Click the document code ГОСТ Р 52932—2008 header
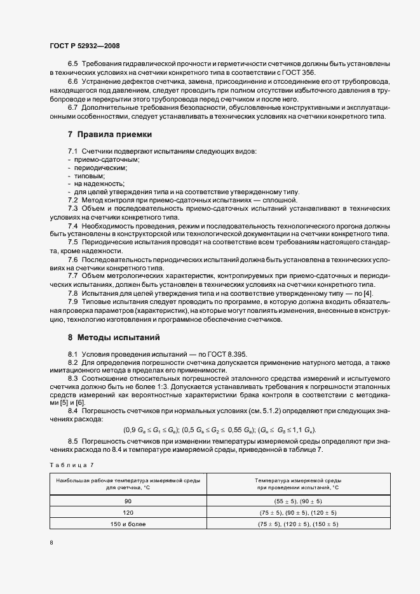84,46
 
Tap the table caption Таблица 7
71,466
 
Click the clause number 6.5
72,65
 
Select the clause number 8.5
72,440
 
